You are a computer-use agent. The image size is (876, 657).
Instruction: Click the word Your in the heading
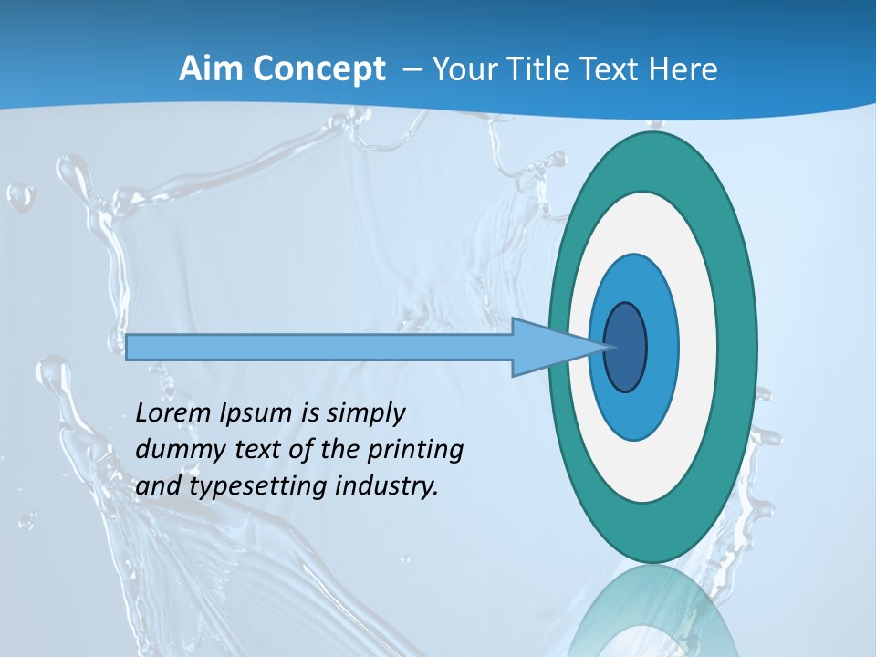tap(463, 69)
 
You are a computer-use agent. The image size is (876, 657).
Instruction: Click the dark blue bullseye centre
tap(626, 348)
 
